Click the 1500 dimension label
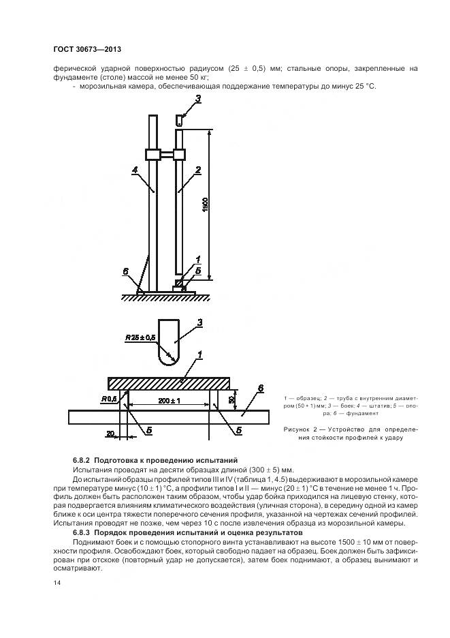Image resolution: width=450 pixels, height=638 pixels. click(205, 204)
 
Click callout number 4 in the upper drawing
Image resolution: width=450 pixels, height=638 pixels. click(135, 171)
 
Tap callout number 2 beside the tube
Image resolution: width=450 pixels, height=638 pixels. click(198, 170)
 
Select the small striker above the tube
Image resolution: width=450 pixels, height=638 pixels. click(179, 121)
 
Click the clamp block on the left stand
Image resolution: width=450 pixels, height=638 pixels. click(152, 155)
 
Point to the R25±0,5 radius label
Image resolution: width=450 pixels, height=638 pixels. click(140, 337)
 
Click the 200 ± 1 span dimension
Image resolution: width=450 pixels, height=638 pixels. click(169, 401)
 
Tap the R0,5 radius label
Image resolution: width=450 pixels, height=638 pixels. click(109, 399)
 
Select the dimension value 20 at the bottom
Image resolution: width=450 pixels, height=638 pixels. click(110, 434)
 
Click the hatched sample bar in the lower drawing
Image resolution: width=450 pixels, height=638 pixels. click(169, 383)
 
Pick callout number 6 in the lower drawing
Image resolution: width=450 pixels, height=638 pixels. click(261, 388)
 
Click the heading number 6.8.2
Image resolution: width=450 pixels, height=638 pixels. click(82, 461)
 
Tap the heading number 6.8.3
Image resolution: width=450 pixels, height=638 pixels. click(82, 532)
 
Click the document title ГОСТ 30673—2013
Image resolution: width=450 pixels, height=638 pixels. click(87, 50)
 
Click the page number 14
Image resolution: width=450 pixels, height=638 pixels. click(57, 583)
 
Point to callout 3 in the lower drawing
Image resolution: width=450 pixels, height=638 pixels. click(199, 323)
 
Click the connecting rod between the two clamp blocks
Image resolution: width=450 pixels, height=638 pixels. click(166, 155)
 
